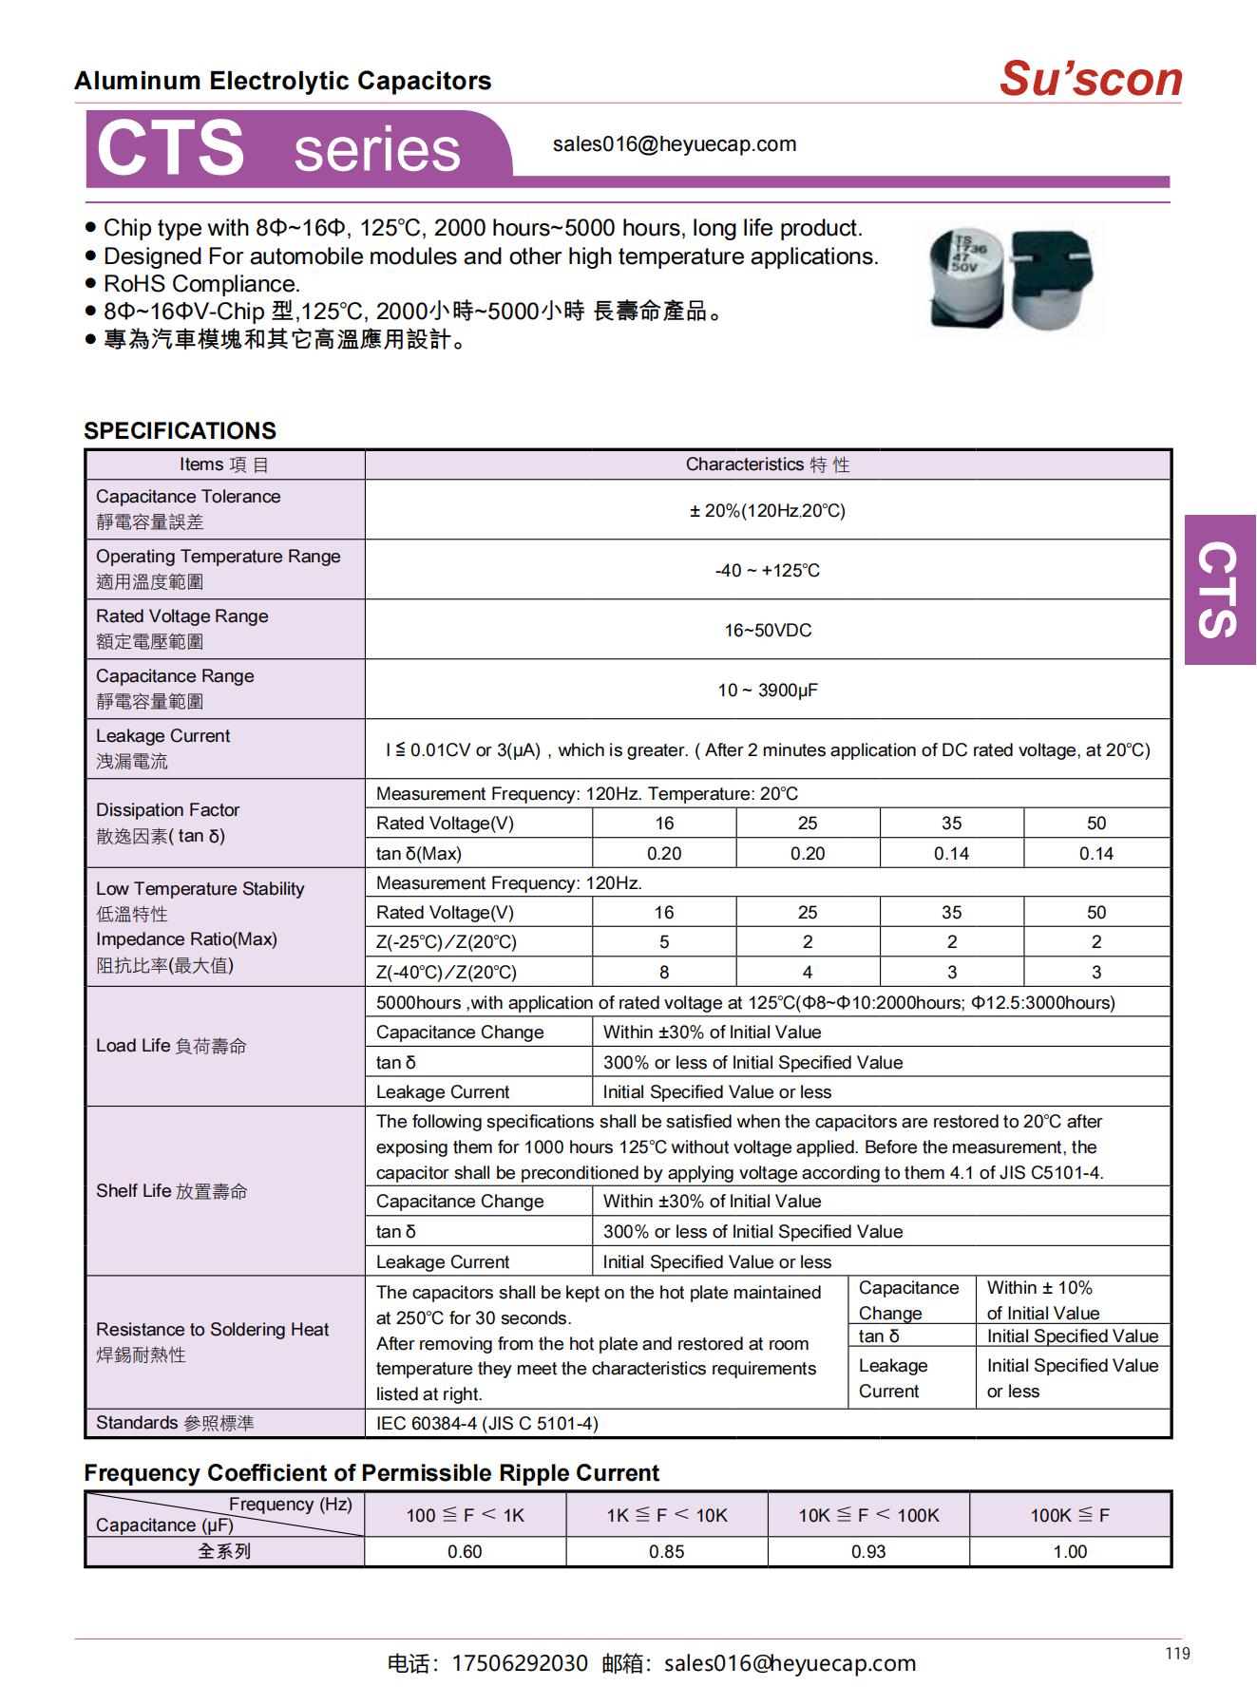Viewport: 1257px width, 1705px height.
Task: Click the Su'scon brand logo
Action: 1090,79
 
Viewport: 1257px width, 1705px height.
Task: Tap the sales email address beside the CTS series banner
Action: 674,144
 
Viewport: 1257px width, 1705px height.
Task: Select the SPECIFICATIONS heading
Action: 180,430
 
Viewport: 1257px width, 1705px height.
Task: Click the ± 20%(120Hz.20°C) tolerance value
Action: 767,510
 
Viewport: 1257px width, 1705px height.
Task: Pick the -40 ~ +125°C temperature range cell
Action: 767,570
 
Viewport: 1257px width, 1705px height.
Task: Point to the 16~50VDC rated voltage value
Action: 767,630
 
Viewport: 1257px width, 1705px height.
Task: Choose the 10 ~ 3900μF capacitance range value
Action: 767,690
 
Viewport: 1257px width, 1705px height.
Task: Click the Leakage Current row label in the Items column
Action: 162,736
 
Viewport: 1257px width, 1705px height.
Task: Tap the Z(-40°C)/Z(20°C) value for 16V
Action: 663,972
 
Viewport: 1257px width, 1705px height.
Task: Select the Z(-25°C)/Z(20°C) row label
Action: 446,942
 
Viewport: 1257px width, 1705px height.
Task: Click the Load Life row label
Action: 171,1046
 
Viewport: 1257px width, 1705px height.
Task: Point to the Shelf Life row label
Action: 171,1191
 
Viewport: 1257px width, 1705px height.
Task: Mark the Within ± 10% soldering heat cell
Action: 1041,1299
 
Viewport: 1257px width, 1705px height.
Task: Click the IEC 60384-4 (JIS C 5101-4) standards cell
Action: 486,1423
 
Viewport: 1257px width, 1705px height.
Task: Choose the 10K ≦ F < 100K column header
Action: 867,1515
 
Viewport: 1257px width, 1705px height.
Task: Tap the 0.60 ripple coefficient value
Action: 465,1551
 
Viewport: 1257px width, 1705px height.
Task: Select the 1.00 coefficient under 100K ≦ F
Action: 1070,1551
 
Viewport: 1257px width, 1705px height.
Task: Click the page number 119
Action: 1177,1654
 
